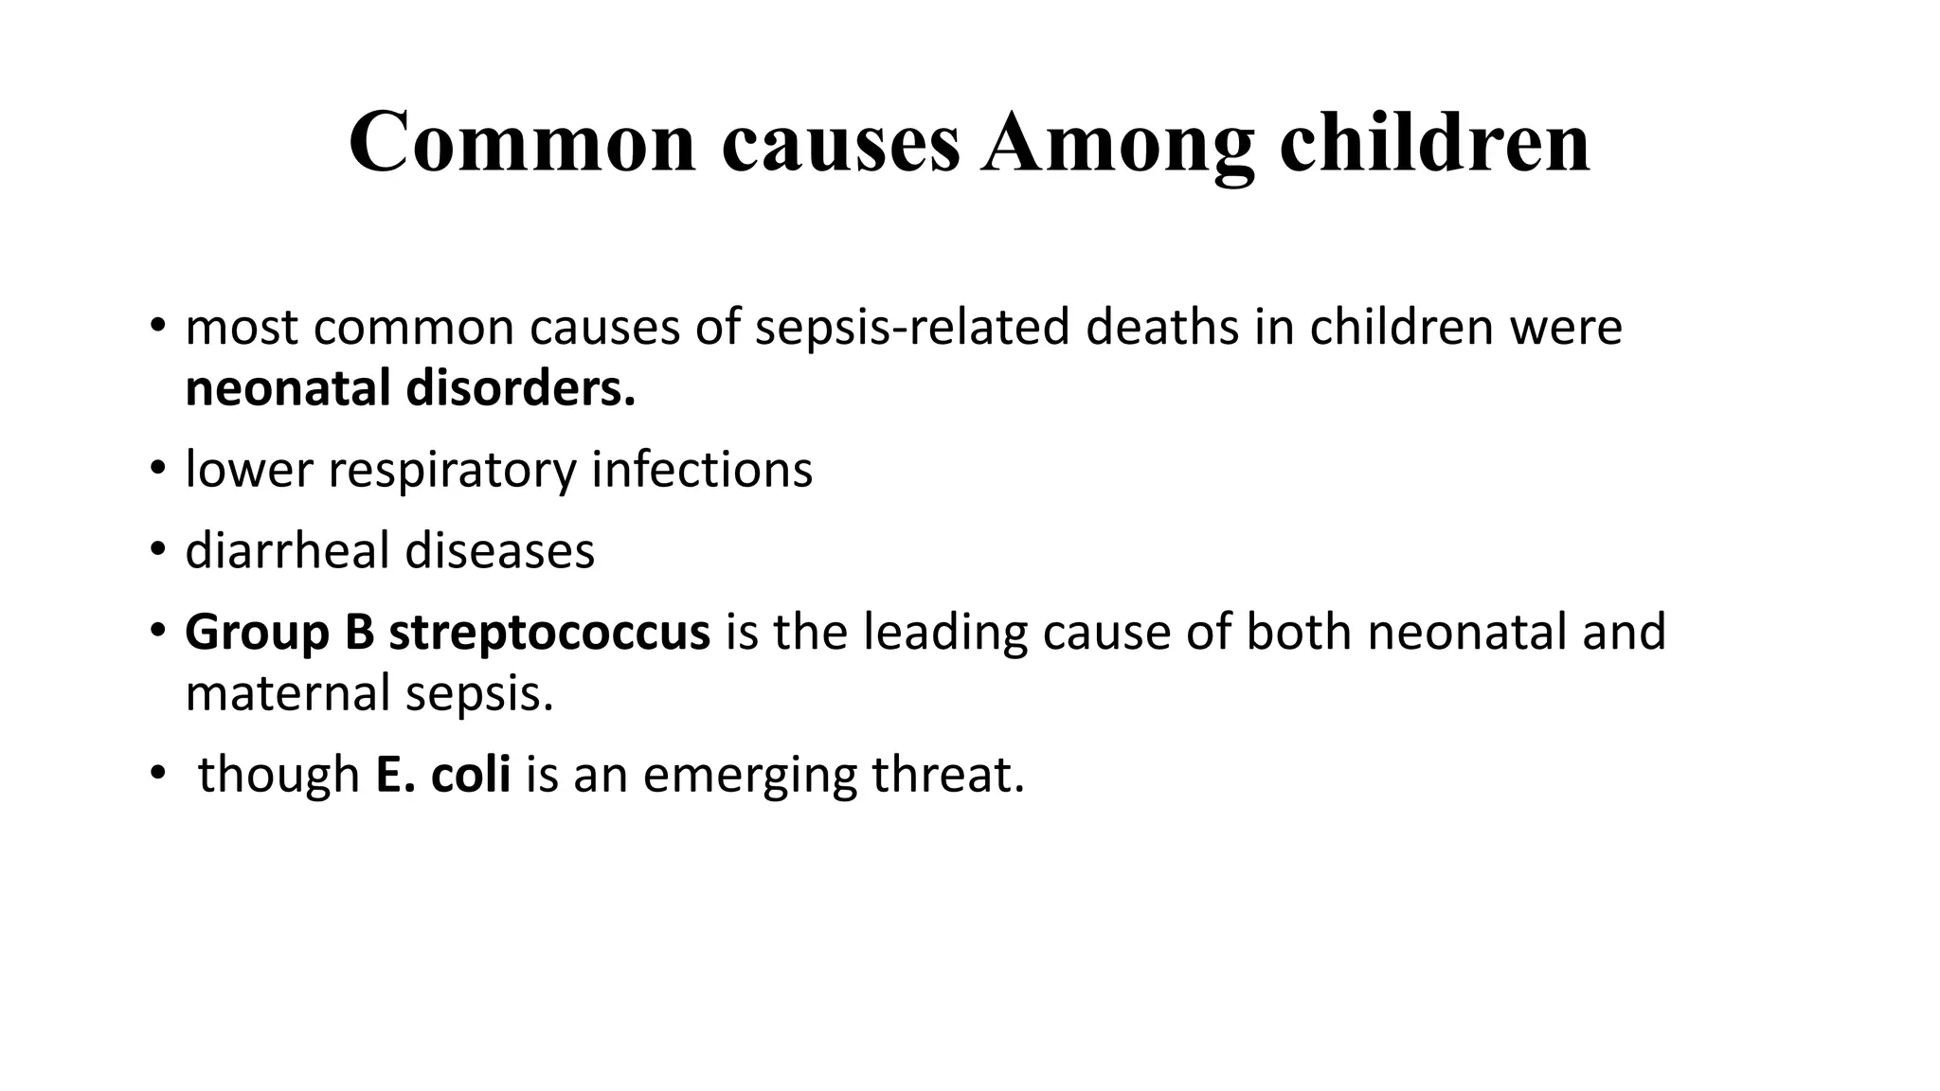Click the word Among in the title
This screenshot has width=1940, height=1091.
pos(1118,144)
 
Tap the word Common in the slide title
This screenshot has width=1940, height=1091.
pos(522,144)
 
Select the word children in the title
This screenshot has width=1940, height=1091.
pos(1434,144)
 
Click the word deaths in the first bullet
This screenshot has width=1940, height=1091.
pos(1162,328)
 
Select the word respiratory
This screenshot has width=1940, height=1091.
pos(452,470)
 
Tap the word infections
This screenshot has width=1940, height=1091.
pos(702,470)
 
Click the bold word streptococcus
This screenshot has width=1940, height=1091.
pos(549,633)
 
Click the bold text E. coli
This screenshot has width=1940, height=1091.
pos(442,775)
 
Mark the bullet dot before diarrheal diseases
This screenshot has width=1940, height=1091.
pos(157,551)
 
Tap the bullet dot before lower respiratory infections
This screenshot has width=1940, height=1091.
pos(157,470)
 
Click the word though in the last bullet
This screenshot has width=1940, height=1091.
pos(278,775)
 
